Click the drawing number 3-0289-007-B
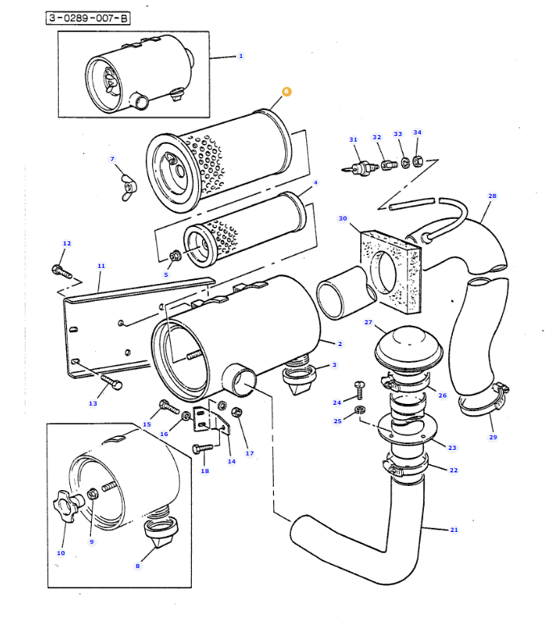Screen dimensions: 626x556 click(x=88, y=18)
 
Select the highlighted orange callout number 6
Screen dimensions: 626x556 click(x=286, y=92)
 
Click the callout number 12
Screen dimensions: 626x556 click(x=67, y=243)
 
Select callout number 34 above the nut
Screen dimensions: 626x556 click(x=417, y=133)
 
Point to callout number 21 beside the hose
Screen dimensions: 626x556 click(x=454, y=529)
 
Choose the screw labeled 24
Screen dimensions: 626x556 click(x=360, y=388)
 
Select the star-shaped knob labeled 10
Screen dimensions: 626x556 click(x=68, y=508)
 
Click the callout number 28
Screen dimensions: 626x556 click(x=492, y=196)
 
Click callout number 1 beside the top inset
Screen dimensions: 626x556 click(x=240, y=56)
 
